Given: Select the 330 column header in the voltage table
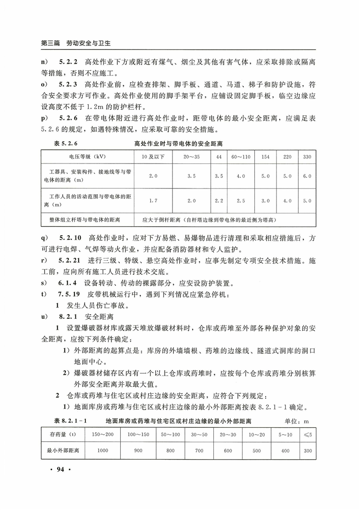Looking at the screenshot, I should point(307,157).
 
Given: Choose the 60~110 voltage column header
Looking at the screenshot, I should point(241,157).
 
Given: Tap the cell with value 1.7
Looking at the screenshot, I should point(153,200).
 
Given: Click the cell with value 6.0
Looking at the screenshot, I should point(307,176).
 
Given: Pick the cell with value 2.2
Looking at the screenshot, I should point(219,200).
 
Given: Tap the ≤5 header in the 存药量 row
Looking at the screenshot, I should point(308,435).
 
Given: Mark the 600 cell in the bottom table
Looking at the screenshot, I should point(227,451).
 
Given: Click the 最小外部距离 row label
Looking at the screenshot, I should point(63,451).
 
